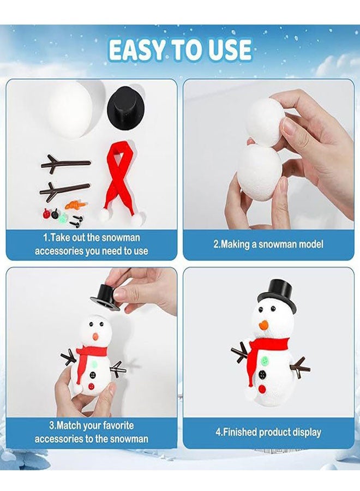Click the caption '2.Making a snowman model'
[x=268, y=244]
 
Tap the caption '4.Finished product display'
[x=268, y=432]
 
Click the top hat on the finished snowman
[x=278, y=295]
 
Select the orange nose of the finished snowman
[x=265, y=325]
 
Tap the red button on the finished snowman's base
[x=263, y=388]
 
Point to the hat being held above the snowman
[x=105, y=297]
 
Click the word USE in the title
[x=229, y=50]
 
